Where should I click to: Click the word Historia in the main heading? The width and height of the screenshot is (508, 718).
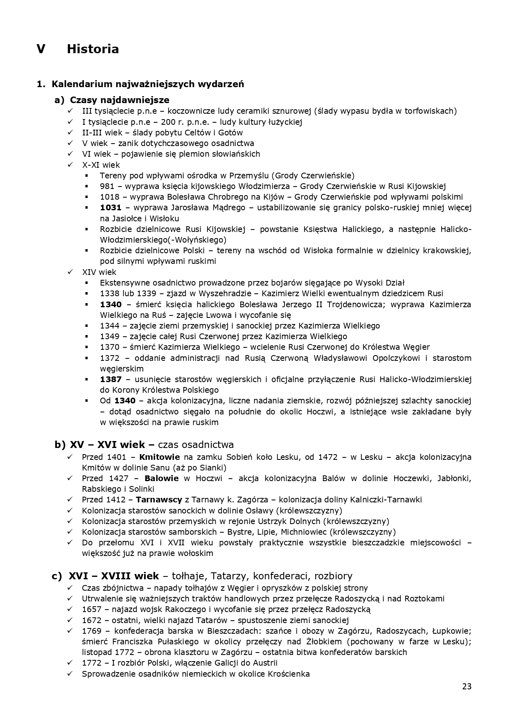[93, 49]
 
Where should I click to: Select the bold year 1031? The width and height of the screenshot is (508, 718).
[111, 208]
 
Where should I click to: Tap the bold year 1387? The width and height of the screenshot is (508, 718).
[111, 380]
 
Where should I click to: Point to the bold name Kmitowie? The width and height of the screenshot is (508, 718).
[160, 457]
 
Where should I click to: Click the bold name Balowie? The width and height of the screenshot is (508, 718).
[162, 478]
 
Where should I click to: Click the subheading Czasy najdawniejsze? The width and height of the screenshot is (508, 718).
[120, 100]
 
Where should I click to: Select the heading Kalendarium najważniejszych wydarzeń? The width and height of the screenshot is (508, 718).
[148, 84]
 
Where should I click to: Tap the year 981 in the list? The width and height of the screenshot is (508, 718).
[107, 187]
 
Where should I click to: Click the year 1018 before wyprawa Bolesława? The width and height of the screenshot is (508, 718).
[110, 197]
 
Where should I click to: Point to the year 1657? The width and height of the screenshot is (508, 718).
[92, 609]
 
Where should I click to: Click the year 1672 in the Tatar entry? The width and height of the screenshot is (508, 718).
[92, 620]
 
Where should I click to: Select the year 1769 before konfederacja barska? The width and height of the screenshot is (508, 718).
[92, 630]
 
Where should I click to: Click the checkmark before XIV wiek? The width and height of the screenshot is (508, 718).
[70, 272]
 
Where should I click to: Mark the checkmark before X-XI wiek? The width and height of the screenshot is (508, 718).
[70, 165]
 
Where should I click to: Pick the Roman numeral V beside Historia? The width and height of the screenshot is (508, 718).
[41, 49]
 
